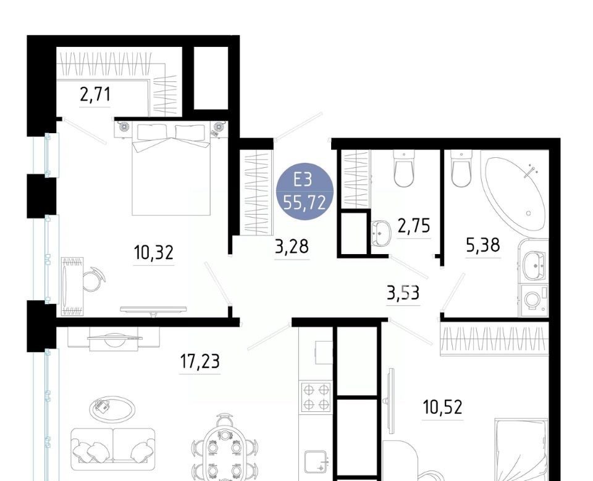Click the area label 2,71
point(95,94)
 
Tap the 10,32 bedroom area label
point(154,252)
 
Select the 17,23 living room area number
point(200,361)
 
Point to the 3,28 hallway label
point(292,247)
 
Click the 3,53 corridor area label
point(403,292)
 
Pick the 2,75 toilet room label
point(414,226)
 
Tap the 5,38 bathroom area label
point(483,245)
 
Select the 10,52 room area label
point(442,408)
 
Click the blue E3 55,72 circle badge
point(305,192)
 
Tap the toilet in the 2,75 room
point(404,168)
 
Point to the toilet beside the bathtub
point(461,168)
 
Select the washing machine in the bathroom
point(534,300)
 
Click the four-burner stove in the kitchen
point(316,397)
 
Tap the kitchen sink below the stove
point(316,462)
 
